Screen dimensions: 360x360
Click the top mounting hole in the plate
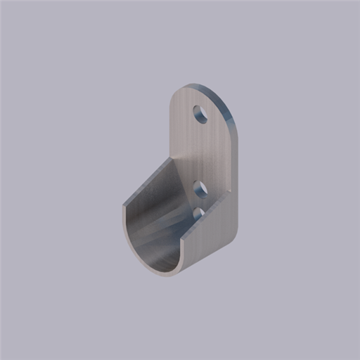[x=201, y=114]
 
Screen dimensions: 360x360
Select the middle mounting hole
[x=200, y=188]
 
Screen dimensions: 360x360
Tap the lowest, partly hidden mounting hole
[x=198, y=212]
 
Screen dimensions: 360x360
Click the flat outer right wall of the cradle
[x=214, y=232]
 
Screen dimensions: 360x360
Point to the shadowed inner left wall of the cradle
[x=141, y=211]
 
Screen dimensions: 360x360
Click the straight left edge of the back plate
[x=172, y=127]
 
